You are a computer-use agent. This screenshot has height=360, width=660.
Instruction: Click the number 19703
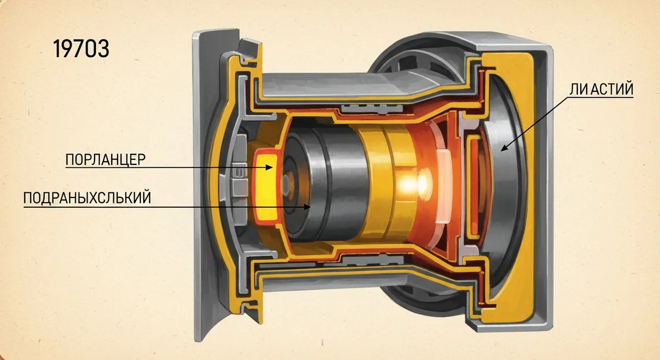[81, 48]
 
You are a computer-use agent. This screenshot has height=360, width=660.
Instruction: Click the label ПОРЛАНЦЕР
[105, 159]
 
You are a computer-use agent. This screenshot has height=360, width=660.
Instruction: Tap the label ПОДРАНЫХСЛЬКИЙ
[87, 198]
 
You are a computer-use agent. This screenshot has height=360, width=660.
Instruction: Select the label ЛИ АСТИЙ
[601, 89]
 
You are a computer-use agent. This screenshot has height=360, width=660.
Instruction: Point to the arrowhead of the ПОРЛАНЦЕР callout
[269, 168]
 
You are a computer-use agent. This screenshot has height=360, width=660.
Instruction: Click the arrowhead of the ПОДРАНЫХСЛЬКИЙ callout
[307, 207]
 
